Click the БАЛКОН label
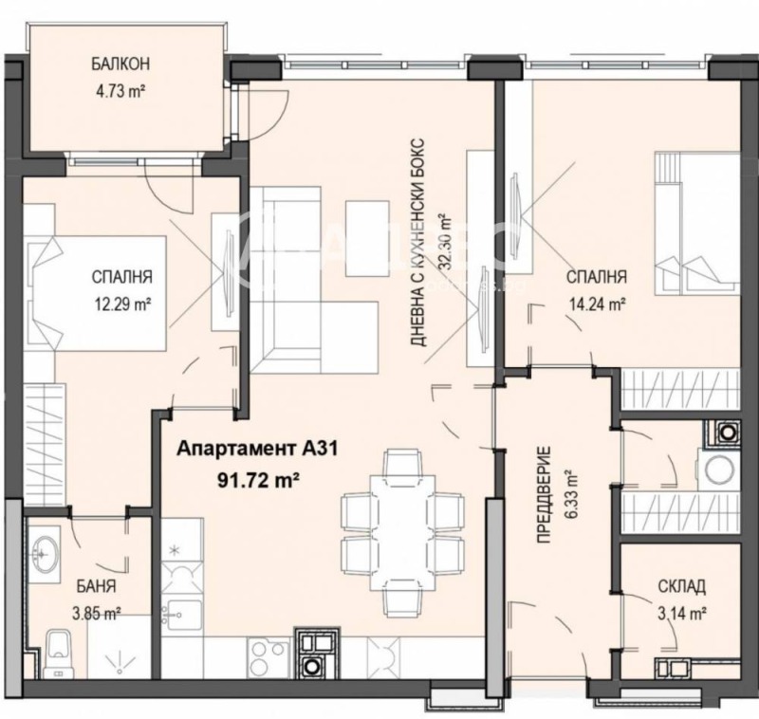click(121, 65)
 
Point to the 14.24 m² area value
click(595, 304)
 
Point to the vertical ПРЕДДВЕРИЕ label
click(543, 493)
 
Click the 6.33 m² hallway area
click(570, 493)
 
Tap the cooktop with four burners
click(268, 654)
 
